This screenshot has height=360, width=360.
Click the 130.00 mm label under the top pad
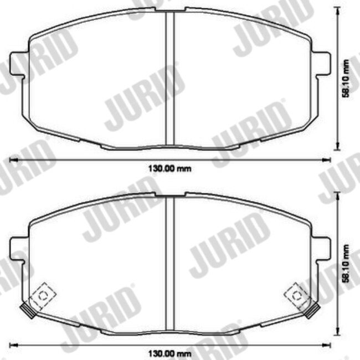pos(169,169)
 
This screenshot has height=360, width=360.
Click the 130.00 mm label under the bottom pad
pos(169,353)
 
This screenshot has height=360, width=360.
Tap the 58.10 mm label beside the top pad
pos(346,79)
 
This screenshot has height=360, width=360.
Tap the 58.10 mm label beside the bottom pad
pos(346,263)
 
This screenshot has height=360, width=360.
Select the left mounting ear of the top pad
pos(19,64)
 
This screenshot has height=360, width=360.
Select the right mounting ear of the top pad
pos(321,64)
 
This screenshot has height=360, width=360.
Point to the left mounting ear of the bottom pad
pos(19,249)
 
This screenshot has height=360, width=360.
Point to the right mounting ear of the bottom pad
pos(321,249)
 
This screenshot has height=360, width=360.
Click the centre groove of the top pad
pos(170,78)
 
